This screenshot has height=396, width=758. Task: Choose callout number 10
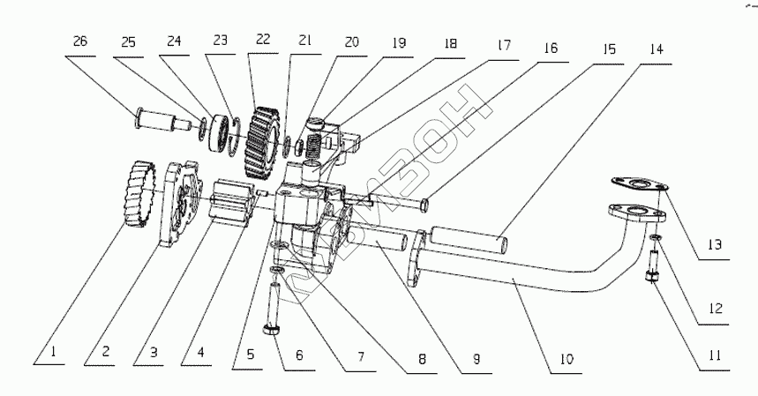567,359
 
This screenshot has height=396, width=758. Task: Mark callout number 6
299,356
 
